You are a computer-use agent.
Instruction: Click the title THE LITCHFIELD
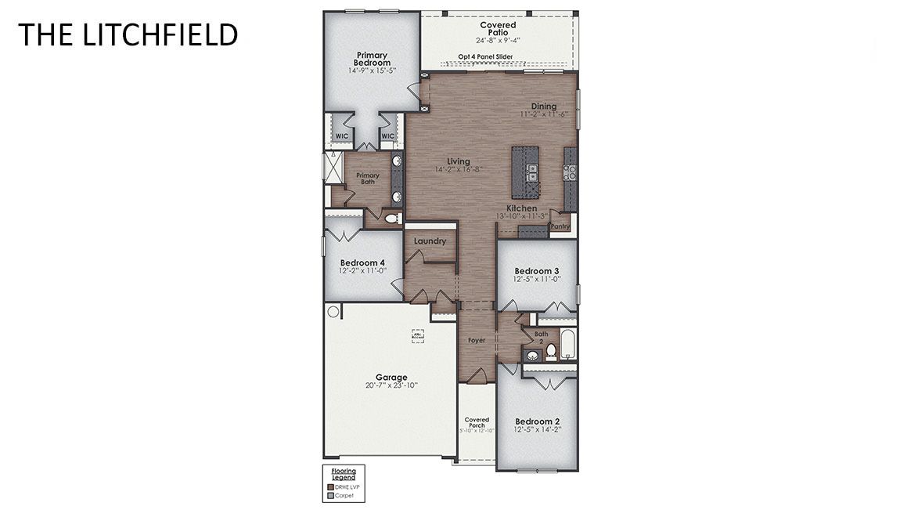[128, 35]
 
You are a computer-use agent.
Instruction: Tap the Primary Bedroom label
[371, 59]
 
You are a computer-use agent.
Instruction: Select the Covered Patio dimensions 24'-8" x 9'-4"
[498, 40]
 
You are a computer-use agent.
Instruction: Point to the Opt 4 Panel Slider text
[486, 57]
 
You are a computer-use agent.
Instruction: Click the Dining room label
[543, 107]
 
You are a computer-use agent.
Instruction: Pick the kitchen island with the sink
[524, 172]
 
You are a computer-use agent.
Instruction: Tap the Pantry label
[560, 226]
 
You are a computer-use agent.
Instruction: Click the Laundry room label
[430, 241]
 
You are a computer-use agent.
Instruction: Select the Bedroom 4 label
[362, 262]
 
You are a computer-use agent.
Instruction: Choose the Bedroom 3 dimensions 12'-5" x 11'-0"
[536, 279]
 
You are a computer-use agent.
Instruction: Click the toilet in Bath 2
[551, 351]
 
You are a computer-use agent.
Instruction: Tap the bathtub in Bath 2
[568, 345]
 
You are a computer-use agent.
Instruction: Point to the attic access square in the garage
[418, 335]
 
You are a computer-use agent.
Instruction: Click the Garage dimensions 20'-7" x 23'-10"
[391, 385]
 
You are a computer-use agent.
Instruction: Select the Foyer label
[477, 341]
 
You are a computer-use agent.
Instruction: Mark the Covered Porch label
[477, 422]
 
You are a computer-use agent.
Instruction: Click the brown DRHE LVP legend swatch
[329, 486]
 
